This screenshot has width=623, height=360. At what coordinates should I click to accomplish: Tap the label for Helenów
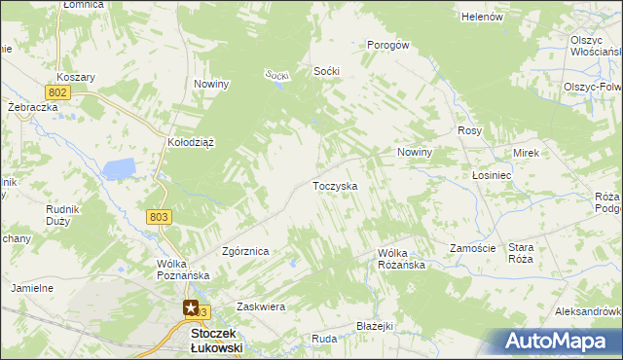[x=482, y=17]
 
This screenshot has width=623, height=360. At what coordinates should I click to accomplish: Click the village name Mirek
[x=526, y=154]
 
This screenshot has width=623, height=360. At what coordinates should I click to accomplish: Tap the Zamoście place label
[x=473, y=248]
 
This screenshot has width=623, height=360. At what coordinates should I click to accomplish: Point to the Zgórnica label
[x=245, y=251]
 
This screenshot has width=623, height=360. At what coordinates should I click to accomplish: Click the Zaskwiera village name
[x=260, y=306]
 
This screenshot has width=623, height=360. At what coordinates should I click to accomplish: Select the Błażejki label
[x=374, y=326]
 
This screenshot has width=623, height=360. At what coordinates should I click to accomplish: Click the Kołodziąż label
[x=191, y=142]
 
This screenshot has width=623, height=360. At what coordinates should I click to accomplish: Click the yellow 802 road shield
[x=57, y=91]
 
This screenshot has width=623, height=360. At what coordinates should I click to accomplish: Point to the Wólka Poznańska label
[x=183, y=270]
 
